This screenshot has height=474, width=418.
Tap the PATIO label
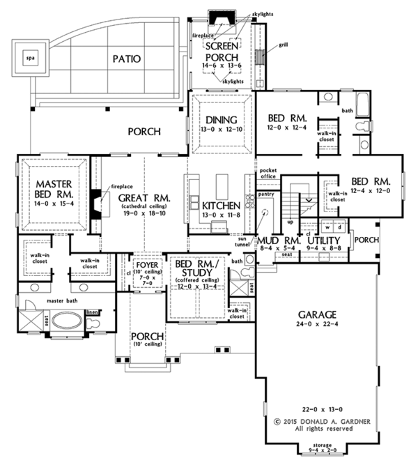[x=127, y=59]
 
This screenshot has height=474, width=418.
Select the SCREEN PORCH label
[x=222, y=50]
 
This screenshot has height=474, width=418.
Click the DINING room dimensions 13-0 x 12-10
[x=221, y=129]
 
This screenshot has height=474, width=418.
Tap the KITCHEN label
[x=221, y=206]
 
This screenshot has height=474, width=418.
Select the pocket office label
[x=268, y=174]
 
